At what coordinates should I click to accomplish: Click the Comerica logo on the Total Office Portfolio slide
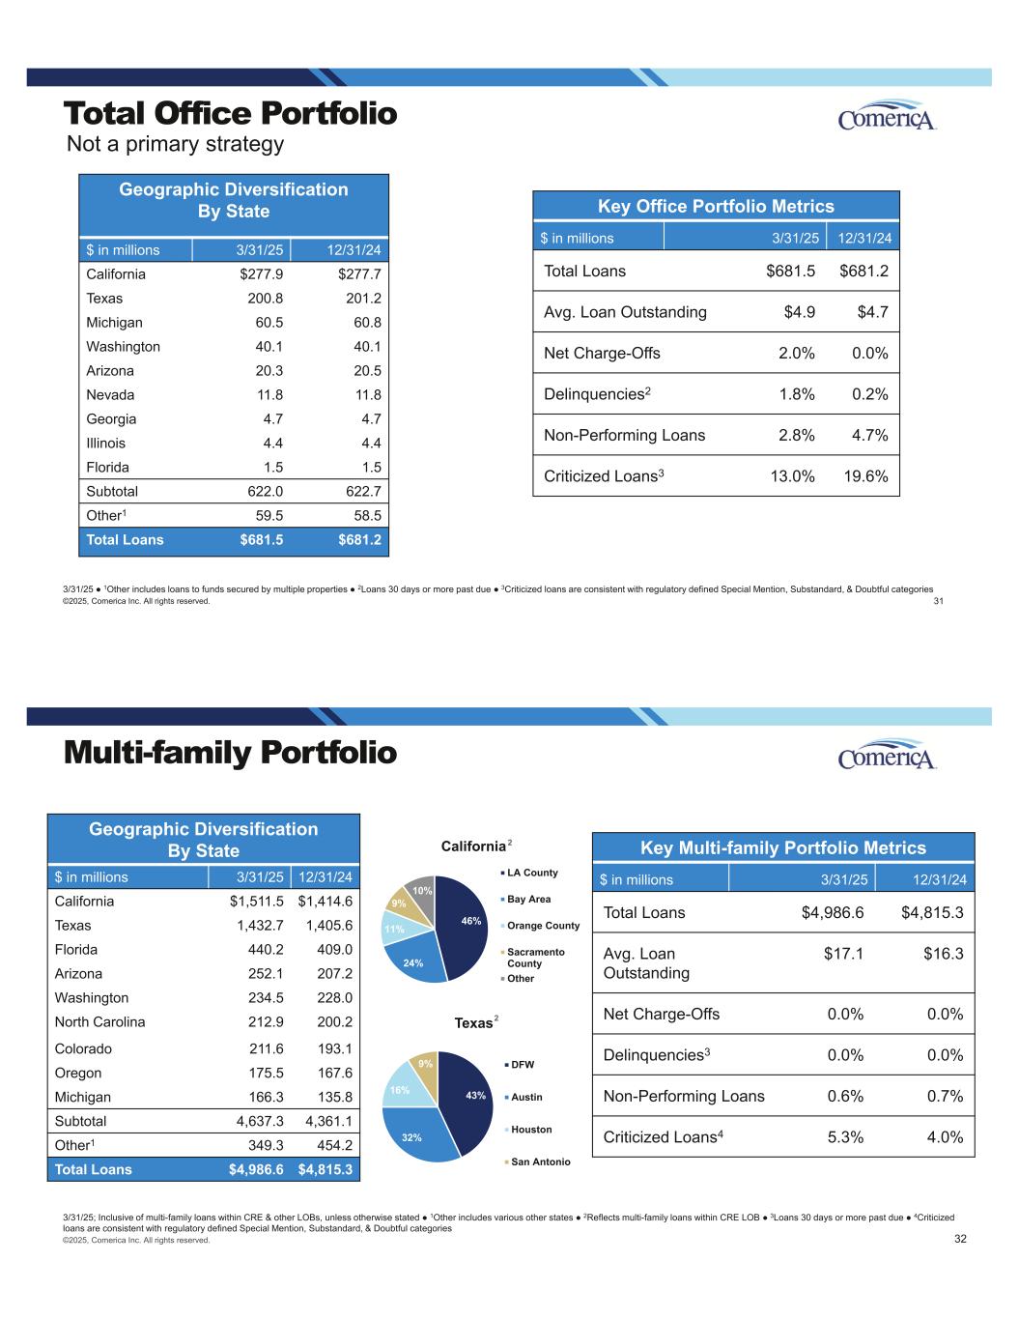click(x=887, y=115)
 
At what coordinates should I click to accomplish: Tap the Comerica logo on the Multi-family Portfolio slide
click(x=887, y=755)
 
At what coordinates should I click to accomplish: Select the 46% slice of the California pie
click(x=464, y=925)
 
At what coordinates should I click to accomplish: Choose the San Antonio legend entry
click(x=537, y=1161)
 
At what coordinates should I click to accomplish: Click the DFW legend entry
click(x=520, y=1064)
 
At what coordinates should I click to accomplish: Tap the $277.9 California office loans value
click(x=262, y=273)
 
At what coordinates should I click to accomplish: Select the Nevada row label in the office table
click(x=110, y=394)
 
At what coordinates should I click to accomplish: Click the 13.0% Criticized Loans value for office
click(x=792, y=475)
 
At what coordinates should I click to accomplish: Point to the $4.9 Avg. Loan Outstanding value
click(x=800, y=312)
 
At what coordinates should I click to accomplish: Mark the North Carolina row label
click(x=100, y=1021)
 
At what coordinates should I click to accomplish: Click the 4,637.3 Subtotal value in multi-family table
click(x=260, y=1121)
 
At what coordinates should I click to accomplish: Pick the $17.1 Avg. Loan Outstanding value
click(x=843, y=953)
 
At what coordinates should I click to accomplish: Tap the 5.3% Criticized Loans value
click(x=845, y=1137)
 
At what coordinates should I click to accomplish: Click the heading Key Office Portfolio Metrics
click(x=716, y=207)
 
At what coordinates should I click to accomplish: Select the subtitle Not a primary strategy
click(x=175, y=145)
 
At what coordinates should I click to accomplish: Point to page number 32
click(x=960, y=1238)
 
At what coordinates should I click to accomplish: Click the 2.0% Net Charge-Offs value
click(x=797, y=353)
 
